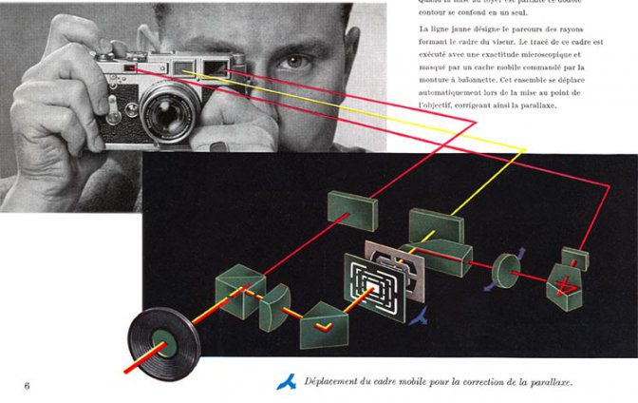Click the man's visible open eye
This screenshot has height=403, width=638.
[295, 64]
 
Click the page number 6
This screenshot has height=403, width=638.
[27, 385]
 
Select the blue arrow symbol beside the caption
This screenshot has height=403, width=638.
[286, 382]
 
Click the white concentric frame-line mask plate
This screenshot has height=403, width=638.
[372, 284]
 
